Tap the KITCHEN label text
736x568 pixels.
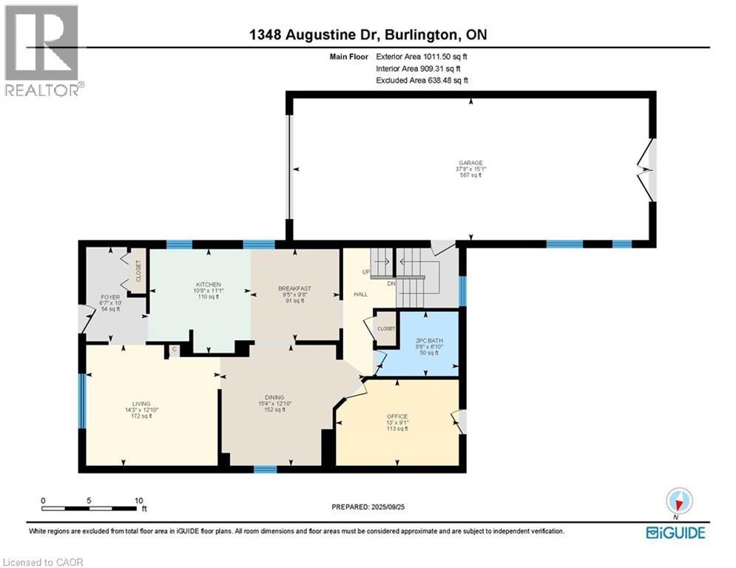point(203,285)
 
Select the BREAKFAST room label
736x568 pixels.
point(294,288)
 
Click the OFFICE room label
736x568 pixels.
point(397,416)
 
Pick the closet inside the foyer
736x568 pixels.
point(138,270)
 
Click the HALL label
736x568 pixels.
point(360,294)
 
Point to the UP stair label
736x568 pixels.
point(365,272)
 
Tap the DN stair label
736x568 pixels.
point(392,284)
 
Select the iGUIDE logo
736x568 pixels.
point(675,532)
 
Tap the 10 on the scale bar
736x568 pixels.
point(138,501)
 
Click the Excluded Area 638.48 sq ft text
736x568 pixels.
point(422,80)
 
